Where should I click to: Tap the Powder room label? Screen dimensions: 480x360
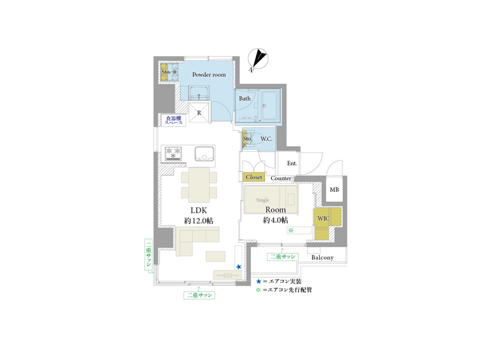coord(209,74)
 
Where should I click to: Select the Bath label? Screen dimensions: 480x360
coord(245,98)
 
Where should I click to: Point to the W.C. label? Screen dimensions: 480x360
coord(266,139)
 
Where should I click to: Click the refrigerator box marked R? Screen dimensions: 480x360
coord(199,113)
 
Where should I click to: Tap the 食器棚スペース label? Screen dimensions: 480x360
coord(173,120)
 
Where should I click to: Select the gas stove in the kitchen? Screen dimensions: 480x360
coord(173,154)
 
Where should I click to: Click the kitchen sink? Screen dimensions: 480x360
coord(205,154)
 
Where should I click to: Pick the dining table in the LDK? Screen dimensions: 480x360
coord(199,185)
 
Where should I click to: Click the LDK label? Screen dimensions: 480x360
coord(199,211)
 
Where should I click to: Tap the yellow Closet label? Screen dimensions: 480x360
coord(254,177)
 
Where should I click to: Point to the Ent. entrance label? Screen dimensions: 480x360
coord(292,163)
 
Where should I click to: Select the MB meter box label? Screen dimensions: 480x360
coord(334,190)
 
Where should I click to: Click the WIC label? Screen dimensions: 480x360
coord(323,218)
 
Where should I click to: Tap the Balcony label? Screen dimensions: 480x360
coord(322,258)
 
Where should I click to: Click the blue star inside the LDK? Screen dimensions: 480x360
coord(239,267)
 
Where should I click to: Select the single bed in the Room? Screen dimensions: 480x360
coord(271,199)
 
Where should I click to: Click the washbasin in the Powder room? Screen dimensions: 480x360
coord(199,93)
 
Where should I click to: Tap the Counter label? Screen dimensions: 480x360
coord(281,178)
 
